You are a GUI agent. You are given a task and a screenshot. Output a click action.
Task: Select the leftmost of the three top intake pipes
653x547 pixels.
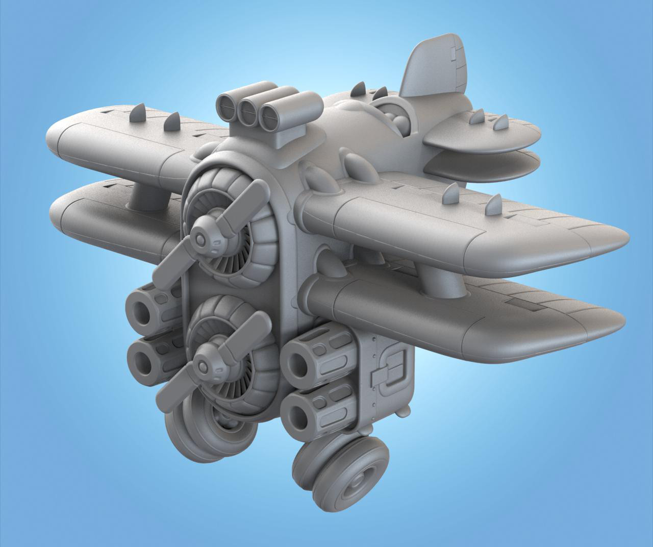(228, 107)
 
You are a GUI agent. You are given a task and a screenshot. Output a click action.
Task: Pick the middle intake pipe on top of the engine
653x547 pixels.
(248, 111)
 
